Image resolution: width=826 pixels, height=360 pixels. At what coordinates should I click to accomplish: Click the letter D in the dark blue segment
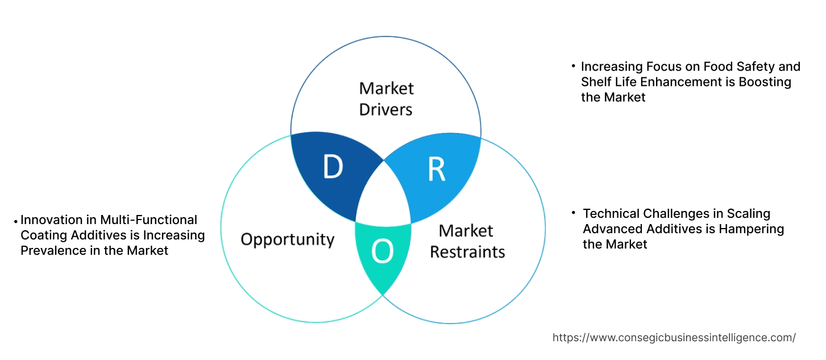pos(333,166)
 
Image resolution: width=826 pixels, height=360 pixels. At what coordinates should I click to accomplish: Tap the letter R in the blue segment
pos(436,169)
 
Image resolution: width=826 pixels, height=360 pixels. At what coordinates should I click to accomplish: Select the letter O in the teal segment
pos(382,252)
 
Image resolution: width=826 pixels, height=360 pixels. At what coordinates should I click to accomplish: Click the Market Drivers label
pos(386,98)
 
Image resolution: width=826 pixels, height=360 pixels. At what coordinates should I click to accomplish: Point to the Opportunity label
pos(287,239)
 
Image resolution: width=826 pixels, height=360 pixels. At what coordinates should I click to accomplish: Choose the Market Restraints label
pos(467,241)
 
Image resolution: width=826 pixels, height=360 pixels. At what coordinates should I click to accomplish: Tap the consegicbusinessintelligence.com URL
pos(674,337)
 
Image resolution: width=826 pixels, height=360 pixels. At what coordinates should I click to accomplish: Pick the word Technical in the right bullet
pos(611,214)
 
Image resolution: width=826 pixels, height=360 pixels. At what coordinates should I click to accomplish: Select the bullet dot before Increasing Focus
pos(574,67)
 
